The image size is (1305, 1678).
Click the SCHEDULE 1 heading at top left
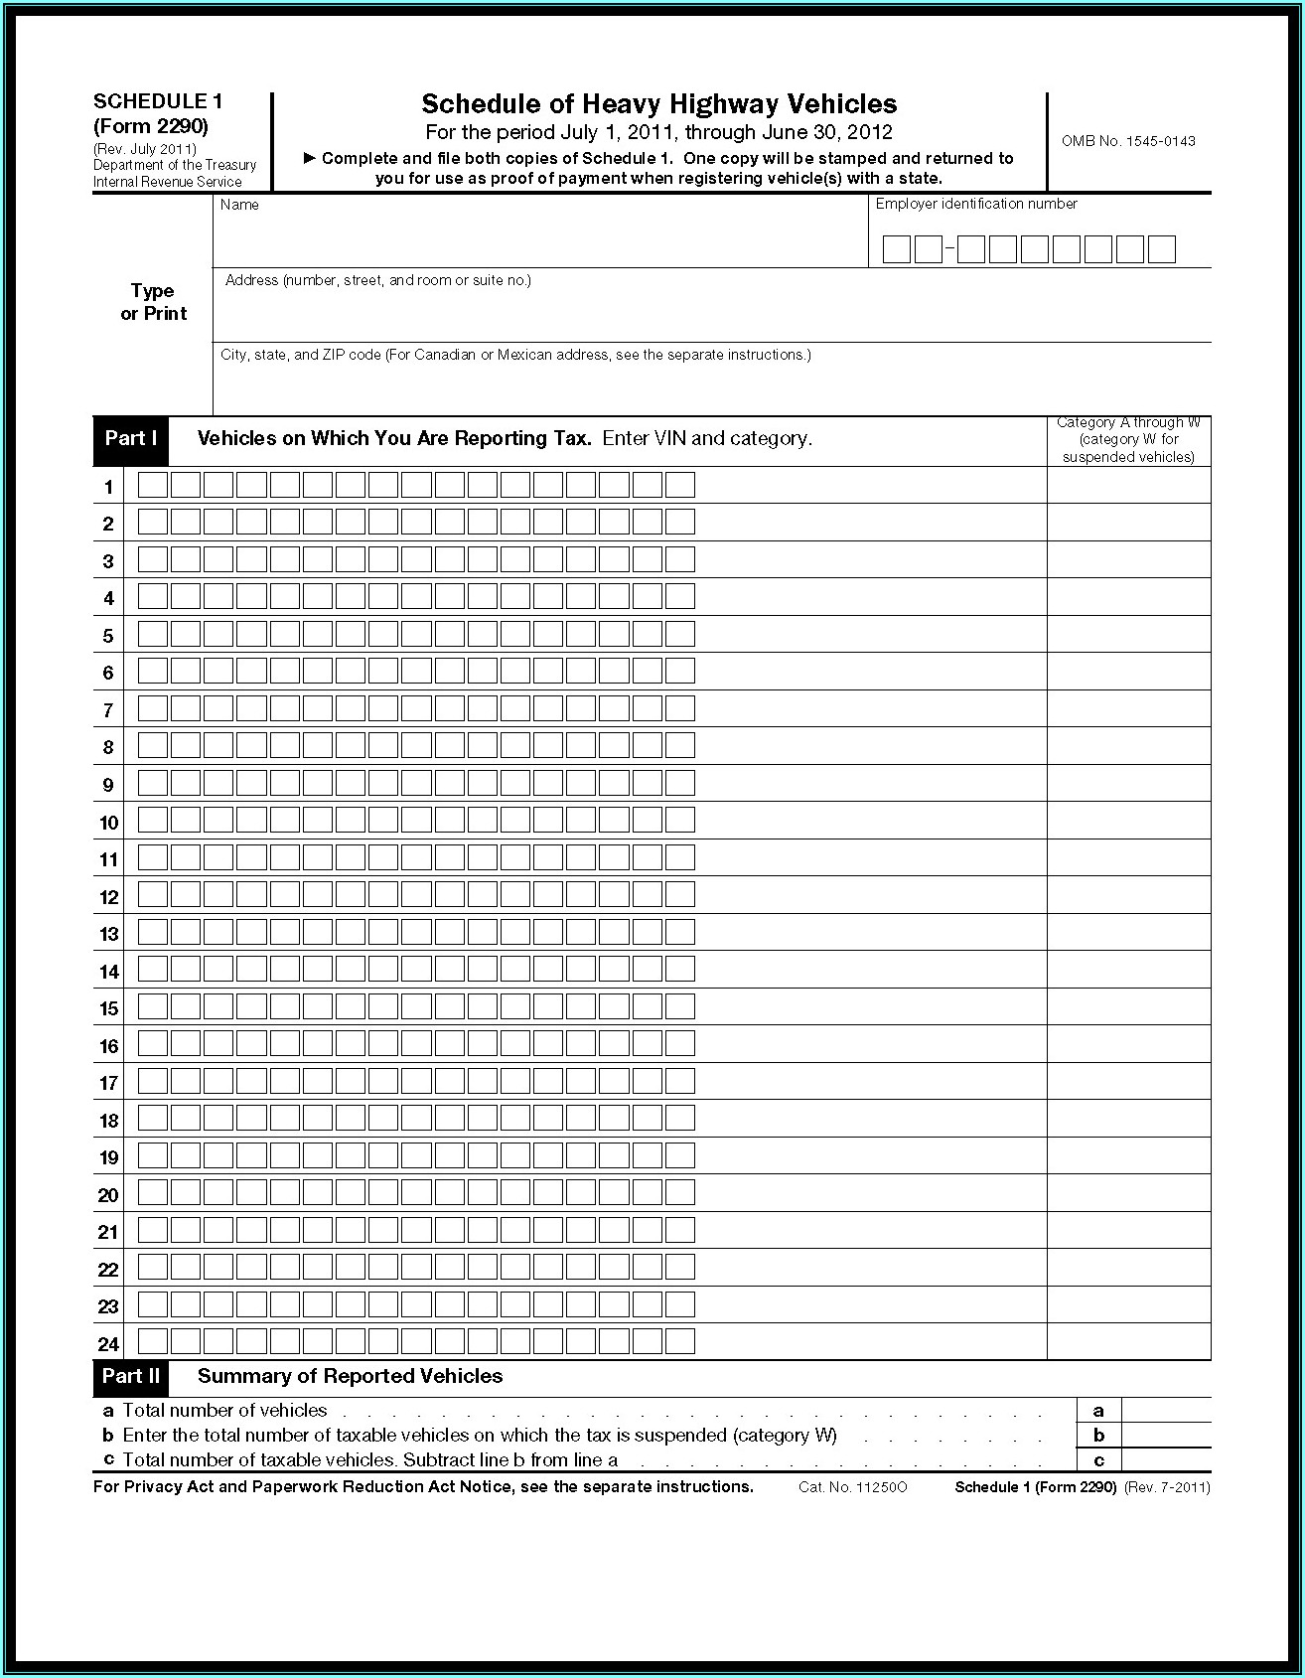tap(158, 101)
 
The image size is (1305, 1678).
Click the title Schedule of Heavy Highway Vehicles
tap(658, 104)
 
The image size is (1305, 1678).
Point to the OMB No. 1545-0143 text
tap(1128, 141)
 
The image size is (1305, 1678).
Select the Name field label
tap(239, 205)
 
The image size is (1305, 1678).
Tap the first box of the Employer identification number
tap(896, 249)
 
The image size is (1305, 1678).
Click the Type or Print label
tap(153, 302)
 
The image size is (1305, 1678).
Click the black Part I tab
tap(131, 439)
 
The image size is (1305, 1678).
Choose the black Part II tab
tap(131, 1376)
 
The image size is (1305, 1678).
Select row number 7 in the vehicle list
tap(108, 710)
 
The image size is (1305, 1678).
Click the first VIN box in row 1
tap(153, 486)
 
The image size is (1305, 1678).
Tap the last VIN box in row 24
tap(679, 1342)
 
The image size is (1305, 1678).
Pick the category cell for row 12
tap(1128, 895)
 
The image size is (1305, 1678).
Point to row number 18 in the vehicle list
tap(108, 1121)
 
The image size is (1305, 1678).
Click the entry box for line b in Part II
tap(1166, 1435)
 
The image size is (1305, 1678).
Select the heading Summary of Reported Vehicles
tap(350, 1376)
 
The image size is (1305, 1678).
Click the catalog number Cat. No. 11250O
tap(852, 1487)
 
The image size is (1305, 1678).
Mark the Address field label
tap(377, 280)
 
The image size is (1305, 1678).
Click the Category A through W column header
tap(1128, 440)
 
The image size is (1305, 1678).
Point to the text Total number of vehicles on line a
tap(224, 1411)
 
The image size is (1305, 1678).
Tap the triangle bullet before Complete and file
tap(309, 158)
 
